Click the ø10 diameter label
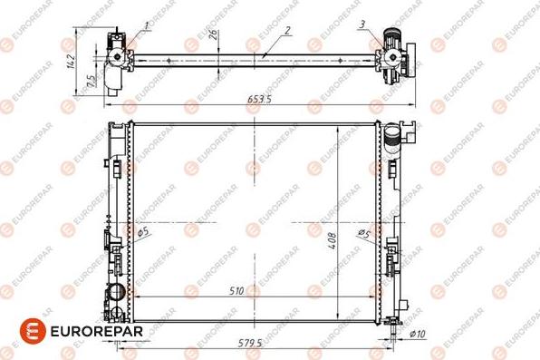418,335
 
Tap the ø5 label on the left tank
143,233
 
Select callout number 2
287,30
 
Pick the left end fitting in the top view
117,56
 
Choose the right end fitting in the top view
395,54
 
